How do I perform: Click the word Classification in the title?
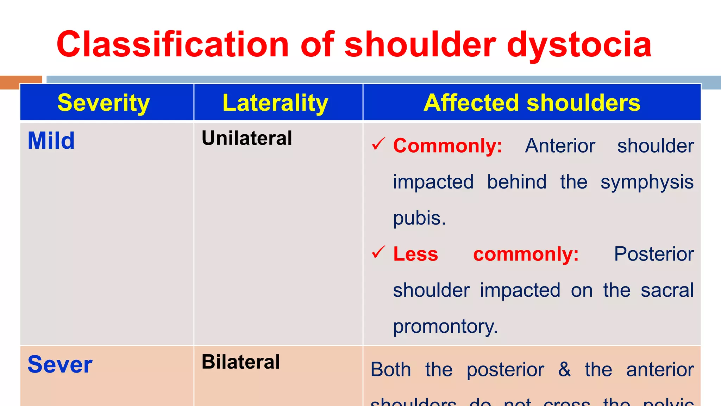(173, 44)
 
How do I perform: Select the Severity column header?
(104, 103)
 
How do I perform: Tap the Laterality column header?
(275, 103)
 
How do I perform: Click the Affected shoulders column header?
(532, 103)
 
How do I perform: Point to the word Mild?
(51, 141)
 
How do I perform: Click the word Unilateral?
(246, 138)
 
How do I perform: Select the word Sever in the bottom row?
(60, 365)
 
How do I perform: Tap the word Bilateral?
(241, 362)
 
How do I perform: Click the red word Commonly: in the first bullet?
(447, 146)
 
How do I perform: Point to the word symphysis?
(647, 183)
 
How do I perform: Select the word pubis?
(419, 218)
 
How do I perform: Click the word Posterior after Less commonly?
(654, 254)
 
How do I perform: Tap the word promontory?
(445, 326)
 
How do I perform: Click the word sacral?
(667, 290)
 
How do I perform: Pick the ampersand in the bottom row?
(564, 369)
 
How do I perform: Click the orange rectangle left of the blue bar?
(21, 82)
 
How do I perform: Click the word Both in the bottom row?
(390, 370)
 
